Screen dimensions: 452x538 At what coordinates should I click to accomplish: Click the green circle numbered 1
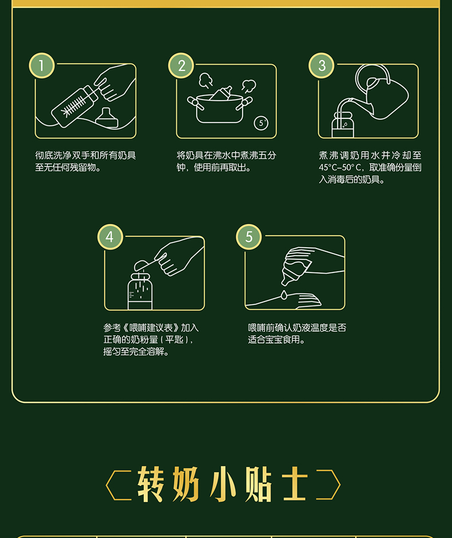pos(42,66)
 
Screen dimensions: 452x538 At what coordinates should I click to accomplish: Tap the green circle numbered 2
pos(181,66)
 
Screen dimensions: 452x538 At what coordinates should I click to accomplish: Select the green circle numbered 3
pos(322,66)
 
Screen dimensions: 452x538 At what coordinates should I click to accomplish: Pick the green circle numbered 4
pos(110,237)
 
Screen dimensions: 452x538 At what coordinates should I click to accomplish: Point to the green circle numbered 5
pos(249,237)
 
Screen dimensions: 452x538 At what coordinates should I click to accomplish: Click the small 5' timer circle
pos(261,123)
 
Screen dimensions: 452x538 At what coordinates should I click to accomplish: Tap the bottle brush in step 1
pos(73,106)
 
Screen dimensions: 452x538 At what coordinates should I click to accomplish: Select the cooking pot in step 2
pos(220,107)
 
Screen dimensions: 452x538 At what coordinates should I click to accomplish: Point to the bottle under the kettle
pos(343,125)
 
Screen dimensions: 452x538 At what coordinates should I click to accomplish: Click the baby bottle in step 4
pos(140,292)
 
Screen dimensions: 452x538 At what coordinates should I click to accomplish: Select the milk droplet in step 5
pos(284,295)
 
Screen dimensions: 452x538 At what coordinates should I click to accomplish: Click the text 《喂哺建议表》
pos(151,328)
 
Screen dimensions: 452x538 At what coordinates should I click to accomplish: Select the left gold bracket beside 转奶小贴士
pos(118,485)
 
